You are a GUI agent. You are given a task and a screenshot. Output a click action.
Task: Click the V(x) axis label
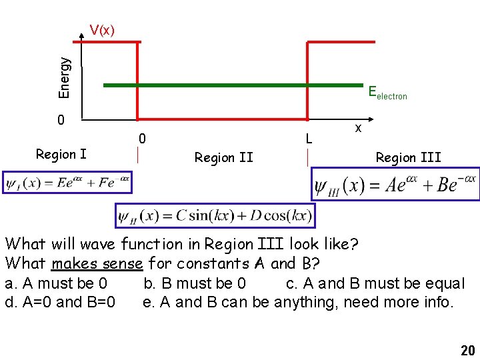coord(102,30)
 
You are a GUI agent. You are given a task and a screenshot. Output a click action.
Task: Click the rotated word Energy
coord(65,78)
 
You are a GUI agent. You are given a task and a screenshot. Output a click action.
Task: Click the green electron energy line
coord(233,85)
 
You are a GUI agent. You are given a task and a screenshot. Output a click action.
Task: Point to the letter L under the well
coord(308,139)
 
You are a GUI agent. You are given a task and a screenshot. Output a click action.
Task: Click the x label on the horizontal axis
coord(358,127)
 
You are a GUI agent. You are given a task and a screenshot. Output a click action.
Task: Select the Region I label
coord(61,155)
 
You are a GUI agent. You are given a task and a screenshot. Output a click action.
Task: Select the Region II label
coord(223,157)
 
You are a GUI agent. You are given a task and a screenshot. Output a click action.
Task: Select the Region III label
coord(408,157)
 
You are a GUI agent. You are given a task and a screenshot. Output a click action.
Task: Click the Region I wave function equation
coord(67,182)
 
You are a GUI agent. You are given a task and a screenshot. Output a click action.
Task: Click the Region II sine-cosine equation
coord(215,215)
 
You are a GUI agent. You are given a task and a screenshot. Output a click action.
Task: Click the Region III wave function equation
coord(396,183)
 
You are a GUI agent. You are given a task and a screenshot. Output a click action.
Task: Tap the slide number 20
coord(467,351)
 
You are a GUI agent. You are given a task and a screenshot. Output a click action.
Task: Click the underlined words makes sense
coord(97,263)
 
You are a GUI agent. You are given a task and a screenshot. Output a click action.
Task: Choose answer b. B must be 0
coord(195,283)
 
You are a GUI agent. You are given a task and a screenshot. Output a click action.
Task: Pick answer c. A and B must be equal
coord(375,283)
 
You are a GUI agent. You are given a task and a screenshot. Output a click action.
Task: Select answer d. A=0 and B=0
coord(60,302)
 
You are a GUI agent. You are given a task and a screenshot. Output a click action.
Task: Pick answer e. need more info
coord(298,302)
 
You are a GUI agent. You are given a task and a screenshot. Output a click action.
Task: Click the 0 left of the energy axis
coord(61,121)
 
